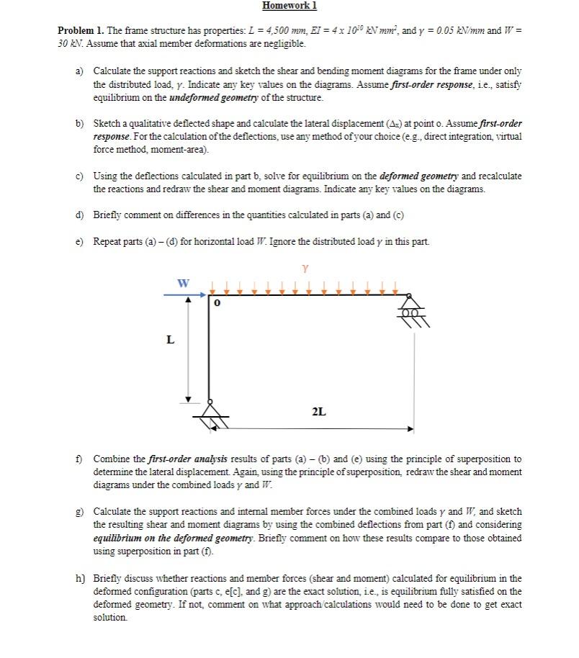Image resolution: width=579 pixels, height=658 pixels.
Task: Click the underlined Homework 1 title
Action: pos(289,6)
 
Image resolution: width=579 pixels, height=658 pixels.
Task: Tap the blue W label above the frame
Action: pos(184,283)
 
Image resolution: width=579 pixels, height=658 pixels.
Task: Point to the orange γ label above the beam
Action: pos(306,269)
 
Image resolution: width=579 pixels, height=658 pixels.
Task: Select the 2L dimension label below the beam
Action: pos(318,412)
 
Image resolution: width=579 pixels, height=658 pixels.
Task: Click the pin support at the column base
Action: pos(210,411)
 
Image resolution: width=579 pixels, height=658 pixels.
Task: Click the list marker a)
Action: pos(80,71)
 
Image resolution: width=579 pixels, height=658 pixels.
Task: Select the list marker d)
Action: pos(80,215)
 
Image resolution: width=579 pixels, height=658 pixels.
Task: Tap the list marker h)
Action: pos(80,578)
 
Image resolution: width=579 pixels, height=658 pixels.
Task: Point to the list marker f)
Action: pos(80,459)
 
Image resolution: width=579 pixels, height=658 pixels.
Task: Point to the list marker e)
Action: pos(80,241)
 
